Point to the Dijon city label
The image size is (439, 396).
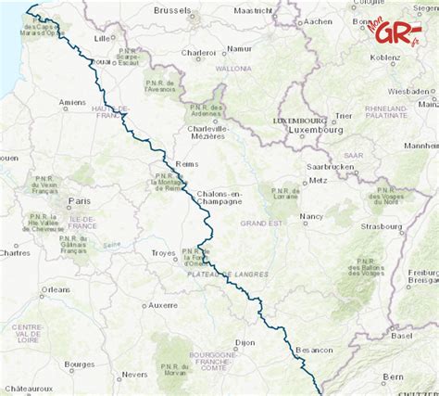click(245, 342)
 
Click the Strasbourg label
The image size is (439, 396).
click(383, 225)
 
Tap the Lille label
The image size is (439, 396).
click(103, 39)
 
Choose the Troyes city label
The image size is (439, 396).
click(163, 252)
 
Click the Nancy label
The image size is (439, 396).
click(311, 215)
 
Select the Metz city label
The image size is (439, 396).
click(320, 180)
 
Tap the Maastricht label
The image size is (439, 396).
click(253, 11)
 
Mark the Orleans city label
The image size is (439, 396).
click(56, 289)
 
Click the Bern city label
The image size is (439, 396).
click(395, 377)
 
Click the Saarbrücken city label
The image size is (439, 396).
click(331, 166)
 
